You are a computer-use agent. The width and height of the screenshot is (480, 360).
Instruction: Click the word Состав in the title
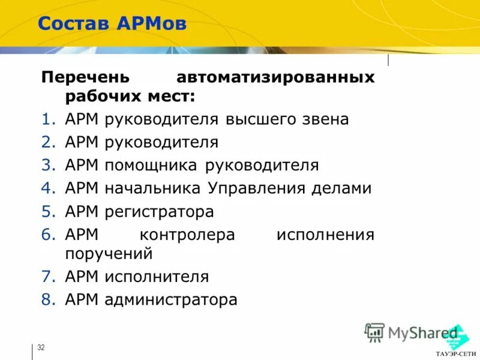pyautogui.click(x=74, y=24)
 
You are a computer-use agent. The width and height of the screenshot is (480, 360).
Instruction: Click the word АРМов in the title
pyautogui.click(x=152, y=24)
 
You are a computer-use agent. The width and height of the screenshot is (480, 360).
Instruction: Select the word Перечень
pyautogui.click(x=85, y=78)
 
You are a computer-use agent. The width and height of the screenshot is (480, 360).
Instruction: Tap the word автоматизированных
pyautogui.click(x=275, y=78)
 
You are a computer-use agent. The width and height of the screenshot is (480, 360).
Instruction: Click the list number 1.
pyautogui.click(x=48, y=119)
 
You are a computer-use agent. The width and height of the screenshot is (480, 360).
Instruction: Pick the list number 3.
pyautogui.click(x=48, y=166)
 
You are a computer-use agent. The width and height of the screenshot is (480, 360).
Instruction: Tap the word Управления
pyautogui.click(x=257, y=188)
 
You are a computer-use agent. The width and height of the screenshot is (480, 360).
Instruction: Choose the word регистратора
pyautogui.click(x=159, y=212)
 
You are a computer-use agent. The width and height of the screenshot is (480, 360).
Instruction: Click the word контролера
pyautogui.click(x=187, y=235)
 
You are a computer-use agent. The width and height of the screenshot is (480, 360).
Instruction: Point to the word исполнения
pyautogui.click(x=325, y=235)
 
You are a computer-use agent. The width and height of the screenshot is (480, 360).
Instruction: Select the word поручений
pyautogui.click(x=109, y=254)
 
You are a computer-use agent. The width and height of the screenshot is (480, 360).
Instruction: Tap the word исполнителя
pyautogui.click(x=157, y=277)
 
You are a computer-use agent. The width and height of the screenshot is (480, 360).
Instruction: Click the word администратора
pyautogui.click(x=171, y=300)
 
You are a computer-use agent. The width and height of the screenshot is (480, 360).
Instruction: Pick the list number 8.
pyautogui.click(x=48, y=300)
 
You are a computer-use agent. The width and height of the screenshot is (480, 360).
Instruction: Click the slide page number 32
pyautogui.click(x=41, y=348)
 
